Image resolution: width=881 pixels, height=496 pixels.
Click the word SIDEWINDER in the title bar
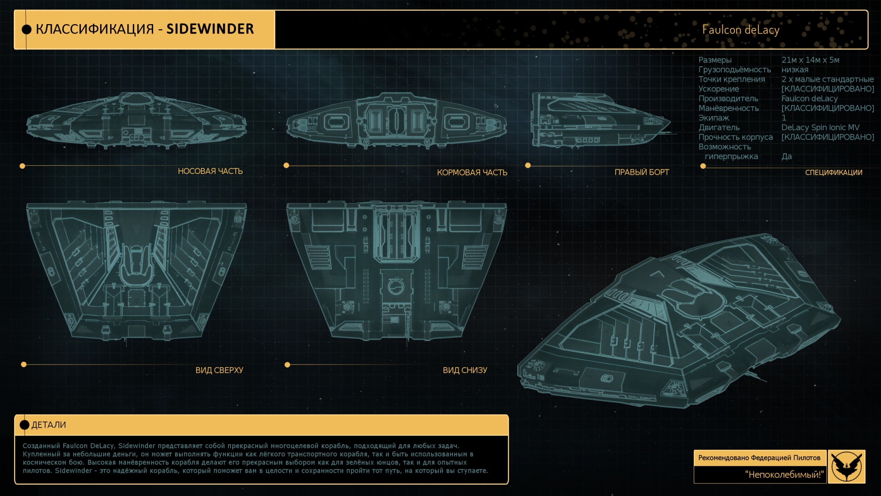(x=210, y=29)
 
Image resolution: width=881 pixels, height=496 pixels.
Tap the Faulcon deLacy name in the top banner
(x=740, y=30)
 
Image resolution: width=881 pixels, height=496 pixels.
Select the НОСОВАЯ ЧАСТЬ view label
(x=210, y=171)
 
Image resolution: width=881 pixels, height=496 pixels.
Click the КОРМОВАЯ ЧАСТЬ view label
(x=472, y=172)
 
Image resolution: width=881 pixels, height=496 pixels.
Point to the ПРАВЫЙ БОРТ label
(x=641, y=172)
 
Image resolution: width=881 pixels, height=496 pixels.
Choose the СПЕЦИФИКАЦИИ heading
(x=833, y=172)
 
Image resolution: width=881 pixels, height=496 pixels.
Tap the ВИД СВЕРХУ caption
(x=219, y=370)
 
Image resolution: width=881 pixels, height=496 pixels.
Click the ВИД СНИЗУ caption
(x=465, y=370)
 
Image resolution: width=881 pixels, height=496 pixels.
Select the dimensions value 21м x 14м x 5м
(x=810, y=60)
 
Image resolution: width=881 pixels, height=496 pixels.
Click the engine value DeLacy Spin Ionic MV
(x=820, y=127)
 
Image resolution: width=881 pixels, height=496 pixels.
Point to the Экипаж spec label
(x=713, y=118)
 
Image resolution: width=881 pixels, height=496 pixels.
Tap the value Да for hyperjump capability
(x=786, y=156)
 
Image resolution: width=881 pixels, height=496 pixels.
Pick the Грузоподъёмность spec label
(x=734, y=69)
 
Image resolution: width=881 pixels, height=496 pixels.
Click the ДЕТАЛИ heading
(x=49, y=425)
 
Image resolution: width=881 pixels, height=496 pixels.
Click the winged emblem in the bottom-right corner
(x=846, y=466)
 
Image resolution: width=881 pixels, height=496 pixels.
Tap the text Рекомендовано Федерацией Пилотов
(x=759, y=458)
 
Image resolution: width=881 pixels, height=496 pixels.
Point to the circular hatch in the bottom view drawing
(x=396, y=286)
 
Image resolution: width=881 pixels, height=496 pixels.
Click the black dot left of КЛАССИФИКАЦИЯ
(x=27, y=29)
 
